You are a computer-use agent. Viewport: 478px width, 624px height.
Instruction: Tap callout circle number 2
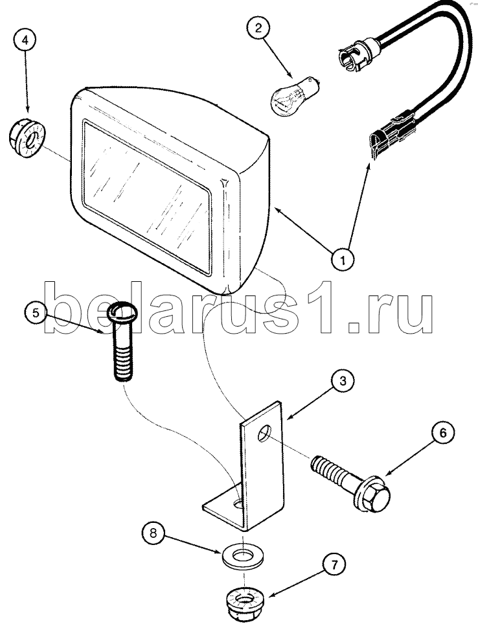[258, 29]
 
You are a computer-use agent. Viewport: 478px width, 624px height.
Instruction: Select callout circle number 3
[343, 381]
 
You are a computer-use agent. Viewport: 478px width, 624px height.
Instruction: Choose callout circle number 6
[442, 433]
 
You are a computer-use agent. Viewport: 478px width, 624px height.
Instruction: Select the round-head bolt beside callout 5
[122, 341]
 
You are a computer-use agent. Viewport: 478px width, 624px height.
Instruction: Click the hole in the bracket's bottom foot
[238, 505]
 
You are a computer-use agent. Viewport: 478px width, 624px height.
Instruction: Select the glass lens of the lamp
[146, 196]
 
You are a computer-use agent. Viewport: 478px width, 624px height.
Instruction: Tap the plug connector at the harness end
[392, 133]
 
